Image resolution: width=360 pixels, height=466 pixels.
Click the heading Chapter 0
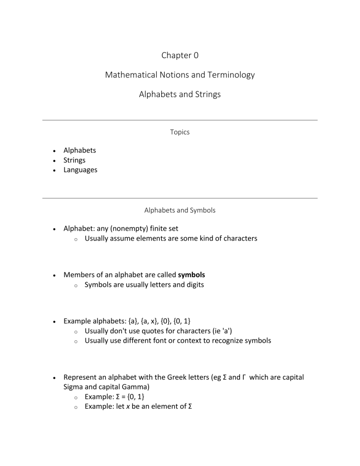pyautogui.click(x=180, y=55)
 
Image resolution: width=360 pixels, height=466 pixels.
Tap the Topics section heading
pyautogui.click(x=180, y=132)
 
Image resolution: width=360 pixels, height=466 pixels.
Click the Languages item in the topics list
pyautogui.click(x=80, y=170)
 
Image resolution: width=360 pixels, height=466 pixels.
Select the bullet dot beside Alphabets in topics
pyautogui.click(x=55, y=151)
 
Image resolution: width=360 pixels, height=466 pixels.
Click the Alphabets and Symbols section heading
pyautogui.click(x=180, y=210)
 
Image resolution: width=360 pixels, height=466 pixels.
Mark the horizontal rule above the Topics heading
pyautogui.click(x=180, y=120)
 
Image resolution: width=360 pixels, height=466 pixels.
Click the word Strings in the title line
pyautogui.click(x=205, y=94)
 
